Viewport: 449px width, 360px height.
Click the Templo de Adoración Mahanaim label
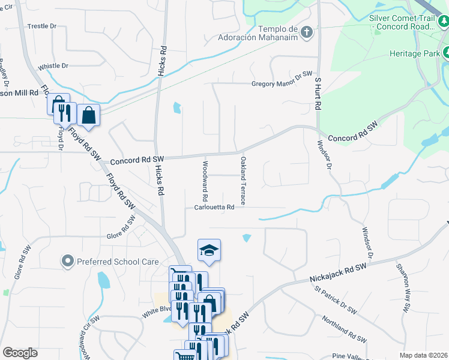click(x=277, y=33)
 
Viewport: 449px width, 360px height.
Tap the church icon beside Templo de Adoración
click(x=306, y=31)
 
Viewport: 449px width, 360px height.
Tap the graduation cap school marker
click(x=209, y=250)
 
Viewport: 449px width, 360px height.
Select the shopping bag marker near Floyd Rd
click(x=88, y=115)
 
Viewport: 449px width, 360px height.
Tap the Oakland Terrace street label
click(x=243, y=181)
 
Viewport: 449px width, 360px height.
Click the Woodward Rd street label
click(x=205, y=181)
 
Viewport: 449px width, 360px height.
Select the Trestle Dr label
click(x=42, y=26)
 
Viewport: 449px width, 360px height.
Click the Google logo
click(x=20, y=352)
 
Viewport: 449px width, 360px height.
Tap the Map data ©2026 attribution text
click(x=423, y=355)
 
